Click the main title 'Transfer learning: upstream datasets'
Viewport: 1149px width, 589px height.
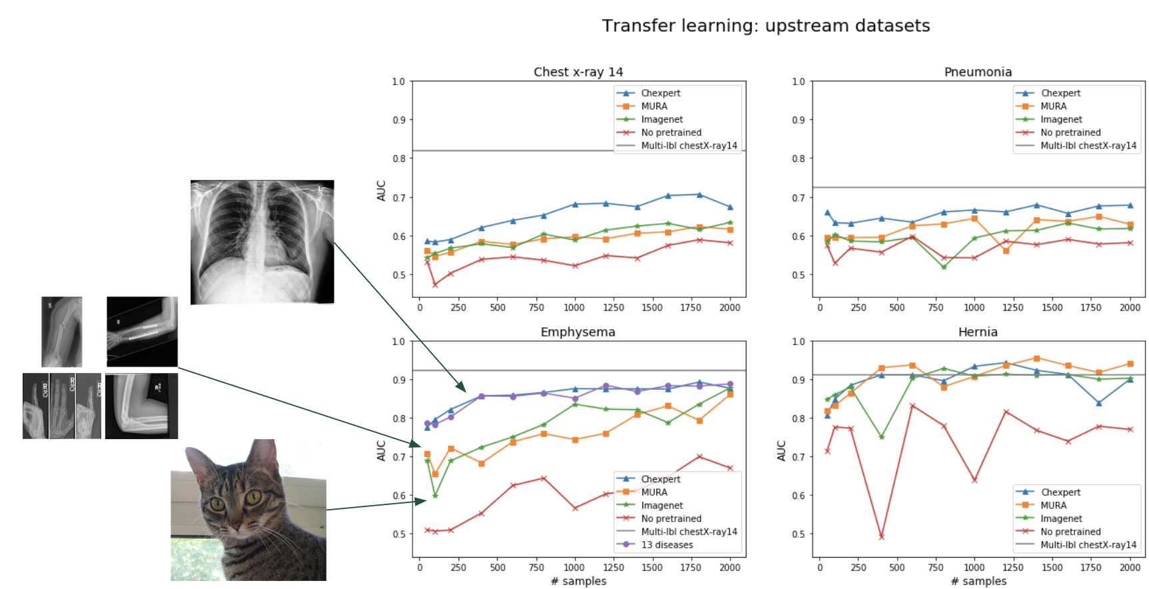coord(765,26)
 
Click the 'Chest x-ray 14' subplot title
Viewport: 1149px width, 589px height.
coord(578,72)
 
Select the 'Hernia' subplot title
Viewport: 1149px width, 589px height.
coord(977,332)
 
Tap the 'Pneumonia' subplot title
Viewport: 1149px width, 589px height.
coord(977,72)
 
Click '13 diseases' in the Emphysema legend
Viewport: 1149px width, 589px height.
coord(666,545)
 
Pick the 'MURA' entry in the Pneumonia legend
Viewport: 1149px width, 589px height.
coord(1053,106)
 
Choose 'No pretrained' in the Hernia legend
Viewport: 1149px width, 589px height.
coord(1070,532)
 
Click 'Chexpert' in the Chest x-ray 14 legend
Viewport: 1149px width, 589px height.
coord(660,93)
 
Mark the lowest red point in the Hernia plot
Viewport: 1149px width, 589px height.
coord(881,536)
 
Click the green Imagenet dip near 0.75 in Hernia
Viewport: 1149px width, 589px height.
coord(881,437)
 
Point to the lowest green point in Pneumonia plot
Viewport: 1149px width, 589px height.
coord(943,267)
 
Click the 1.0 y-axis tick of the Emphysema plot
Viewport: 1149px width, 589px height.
coord(398,341)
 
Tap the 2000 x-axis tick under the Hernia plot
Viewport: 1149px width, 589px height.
coord(1129,568)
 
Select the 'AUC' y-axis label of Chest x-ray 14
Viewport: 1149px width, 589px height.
coord(381,191)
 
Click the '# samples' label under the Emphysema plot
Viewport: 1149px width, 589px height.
coord(578,581)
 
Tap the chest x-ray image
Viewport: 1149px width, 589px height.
coord(262,242)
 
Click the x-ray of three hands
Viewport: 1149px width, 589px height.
coord(61,406)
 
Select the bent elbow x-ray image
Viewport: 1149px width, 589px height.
coord(141,405)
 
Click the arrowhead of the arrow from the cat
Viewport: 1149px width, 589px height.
coord(422,500)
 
